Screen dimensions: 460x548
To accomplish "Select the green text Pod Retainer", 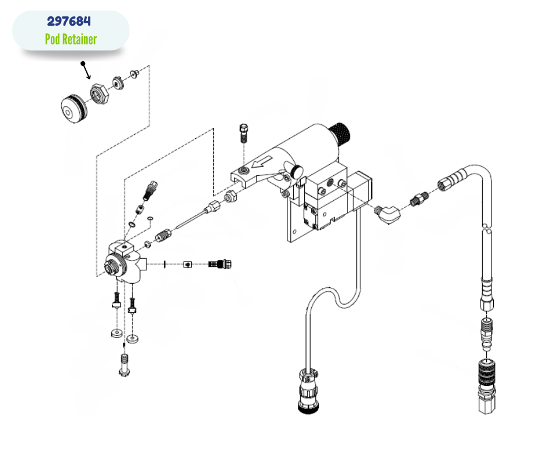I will (x=71, y=39).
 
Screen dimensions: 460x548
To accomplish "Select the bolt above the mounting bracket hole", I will (x=244, y=133).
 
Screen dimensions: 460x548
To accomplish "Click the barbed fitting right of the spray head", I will (x=220, y=264).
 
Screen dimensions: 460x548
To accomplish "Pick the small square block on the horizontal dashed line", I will (x=187, y=264).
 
